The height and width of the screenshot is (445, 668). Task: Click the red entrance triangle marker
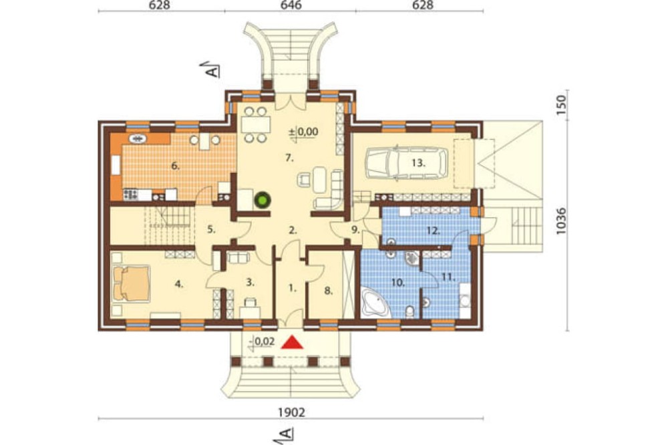click(292, 343)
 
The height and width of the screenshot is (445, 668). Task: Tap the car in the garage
click(407, 162)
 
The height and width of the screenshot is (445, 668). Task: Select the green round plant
click(262, 200)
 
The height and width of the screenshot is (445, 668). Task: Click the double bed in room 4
click(131, 283)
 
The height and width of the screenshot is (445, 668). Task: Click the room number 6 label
click(175, 166)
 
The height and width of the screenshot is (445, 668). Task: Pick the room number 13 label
click(419, 163)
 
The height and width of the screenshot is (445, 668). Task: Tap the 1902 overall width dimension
click(292, 412)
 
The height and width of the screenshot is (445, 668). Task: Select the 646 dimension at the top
click(292, 5)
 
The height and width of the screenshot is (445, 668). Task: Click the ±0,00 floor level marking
click(304, 132)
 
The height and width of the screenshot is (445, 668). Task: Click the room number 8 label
click(328, 291)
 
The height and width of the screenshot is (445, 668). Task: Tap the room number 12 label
click(433, 231)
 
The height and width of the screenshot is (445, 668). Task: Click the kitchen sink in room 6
click(138, 138)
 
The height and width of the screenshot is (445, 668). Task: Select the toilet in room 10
click(410, 311)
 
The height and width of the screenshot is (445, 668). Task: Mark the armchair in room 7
click(305, 180)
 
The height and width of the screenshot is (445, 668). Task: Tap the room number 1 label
click(292, 289)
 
